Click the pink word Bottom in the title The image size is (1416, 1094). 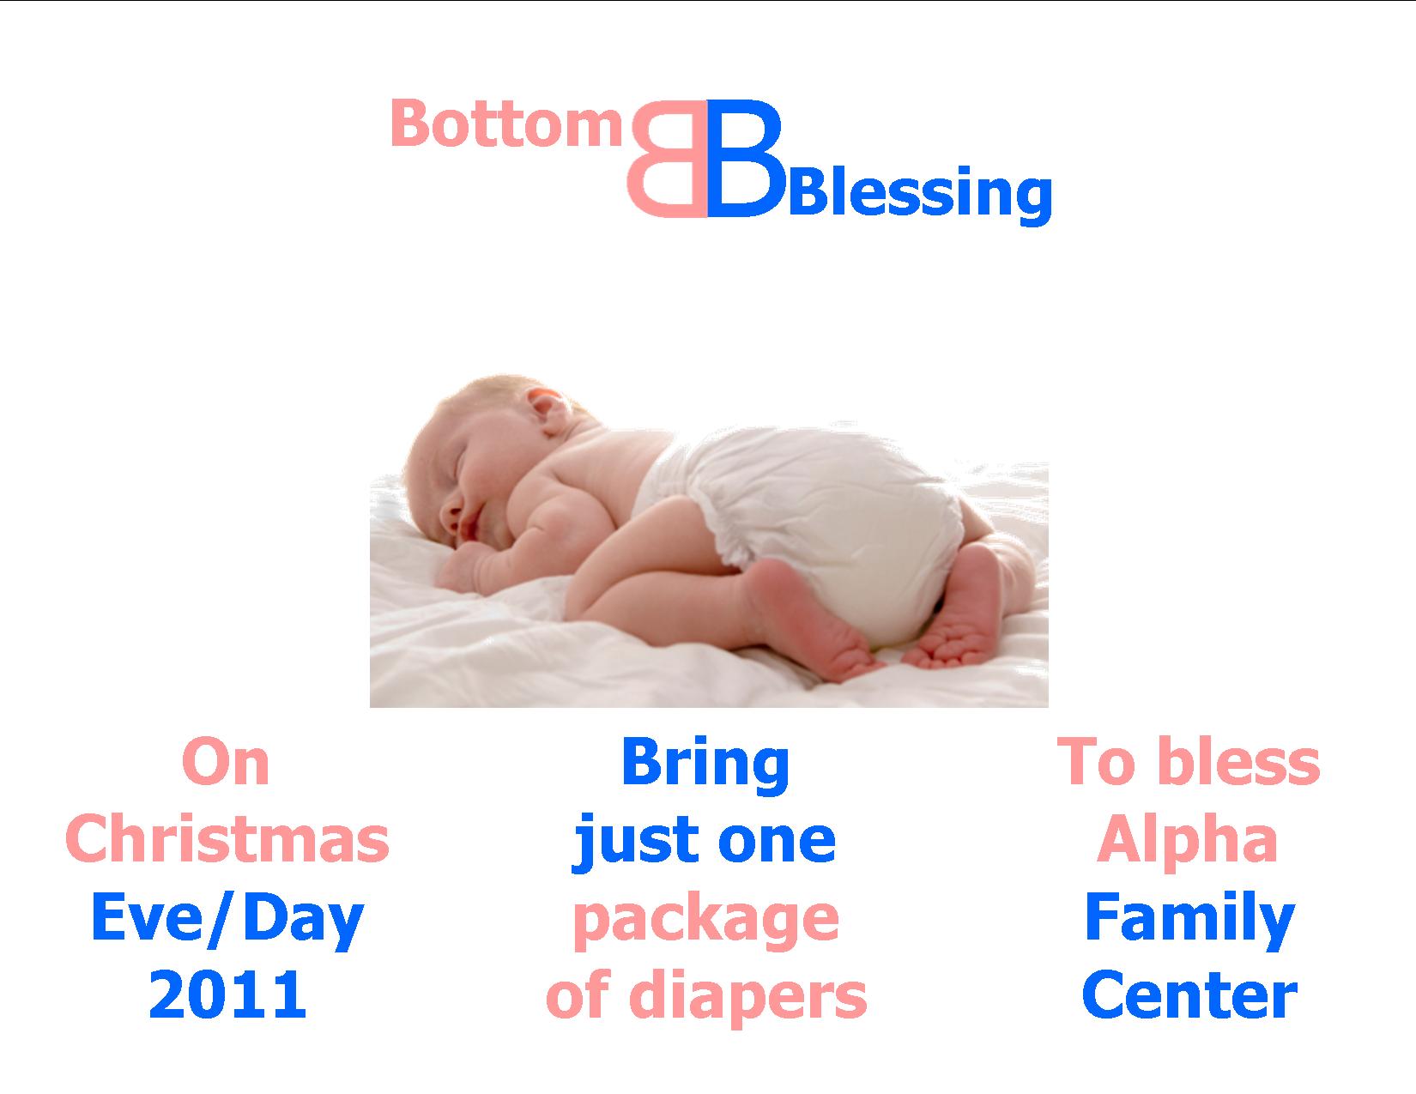pyautogui.click(x=507, y=124)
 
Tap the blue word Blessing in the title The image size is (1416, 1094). pyautogui.click(x=920, y=194)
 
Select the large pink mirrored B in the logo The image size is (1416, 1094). pyautogui.click(x=668, y=159)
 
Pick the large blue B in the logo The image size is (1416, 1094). pyautogui.click(x=745, y=159)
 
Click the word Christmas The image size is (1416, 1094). pyautogui.click(x=227, y=838)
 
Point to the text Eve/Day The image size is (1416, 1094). pyautogui.click(x=227, y=919)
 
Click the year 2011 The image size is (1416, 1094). pyautogui.click(x=227, y=994)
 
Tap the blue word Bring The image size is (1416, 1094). pyautogui.click(x=705, y=765)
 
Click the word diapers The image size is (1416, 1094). pyautogui.click(x=748, y=997)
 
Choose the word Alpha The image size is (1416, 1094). pyautogui.click(x=1187, y=841)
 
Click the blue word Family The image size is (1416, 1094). pyautogui.click(x=1190, y=919)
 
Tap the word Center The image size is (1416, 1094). pyautogui.click(x=1190, y=995)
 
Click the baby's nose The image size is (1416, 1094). pyautogui.click(x=450, y=517)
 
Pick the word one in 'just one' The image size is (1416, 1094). pyautogui.click(x=777, y=841)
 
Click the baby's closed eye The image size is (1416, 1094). pyautogui.click(x=461, y=466)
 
